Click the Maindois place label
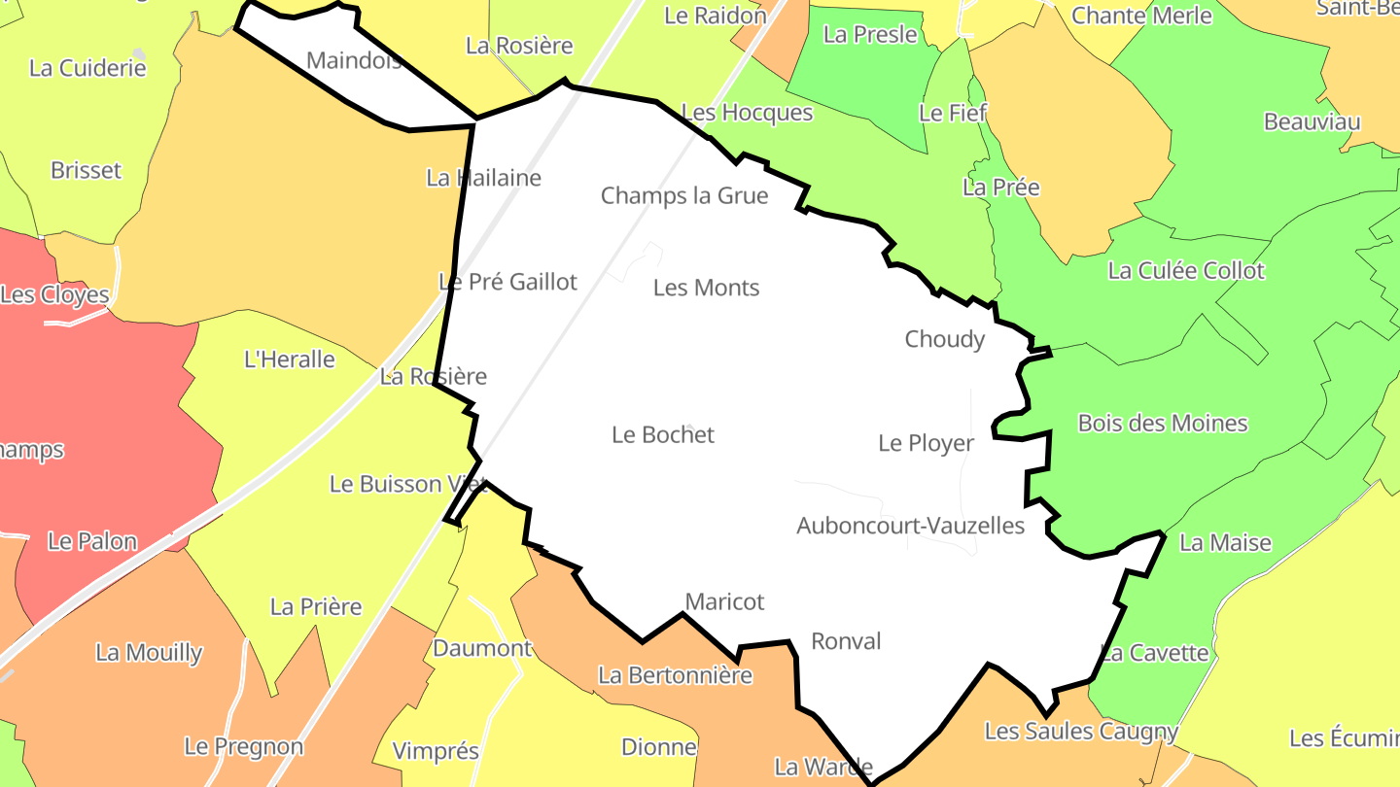(x=354, y=60)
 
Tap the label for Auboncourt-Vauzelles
(x=910, y=526)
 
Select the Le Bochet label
(x=663, y=434)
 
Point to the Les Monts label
(x=706, y=288)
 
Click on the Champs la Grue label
(x=684, y=195)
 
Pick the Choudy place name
(x=944, y=339)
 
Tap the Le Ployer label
(x=926, y=443)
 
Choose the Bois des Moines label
(x=1163, y=423)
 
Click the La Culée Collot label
(x=1186, y=270)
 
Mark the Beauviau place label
(x=1312, y=121)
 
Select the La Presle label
(x=870, y=34)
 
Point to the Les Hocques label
(x=747, y=113)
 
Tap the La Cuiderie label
(x=87, y=68)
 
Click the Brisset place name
(x=86, y=170)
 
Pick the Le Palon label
(x=92, y=541)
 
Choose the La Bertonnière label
(x=675, y=674)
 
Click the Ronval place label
(x=846, y=641)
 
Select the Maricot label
(x=724, y=601)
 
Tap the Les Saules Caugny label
(x=1081, y=731)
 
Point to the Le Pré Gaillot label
(x=507, y=282)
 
